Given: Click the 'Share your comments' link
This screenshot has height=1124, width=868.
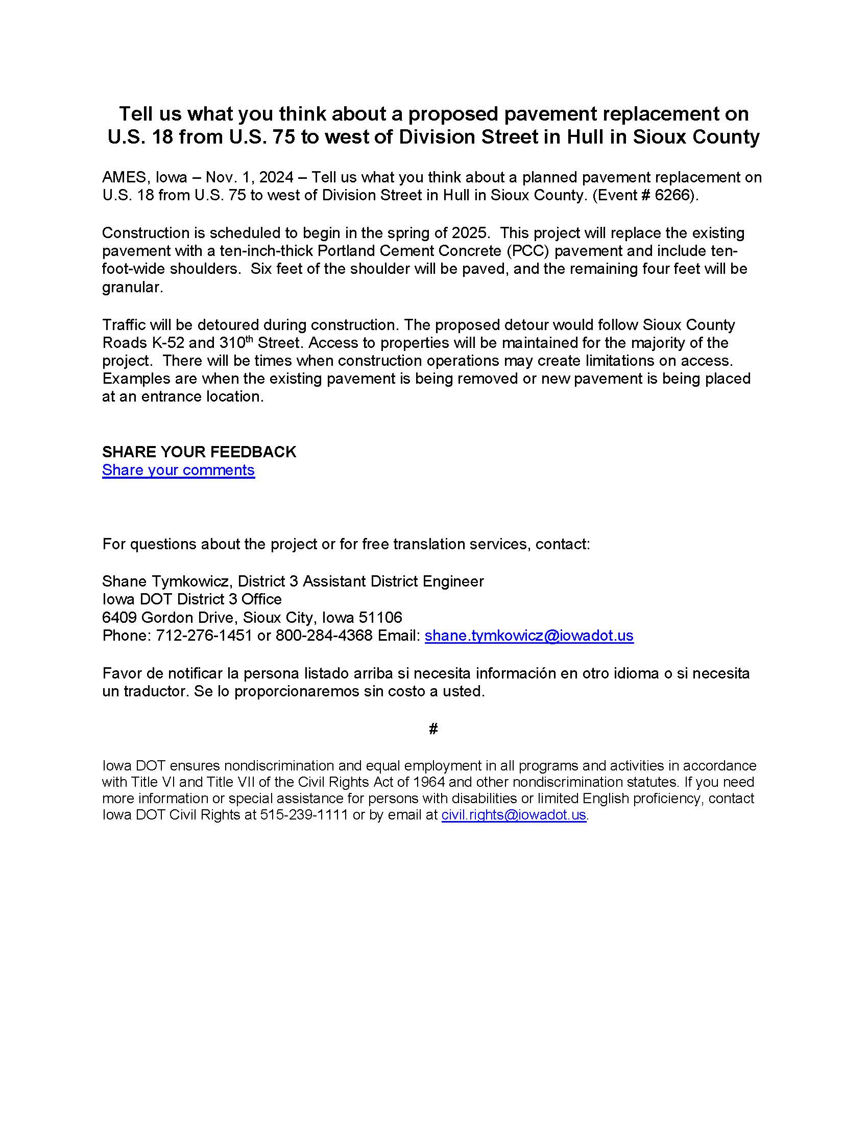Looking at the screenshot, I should click(178, 470).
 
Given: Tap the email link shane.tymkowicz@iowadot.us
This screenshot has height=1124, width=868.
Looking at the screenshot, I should click(529, 636).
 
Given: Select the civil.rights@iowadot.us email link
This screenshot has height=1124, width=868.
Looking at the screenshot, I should click(514, 815).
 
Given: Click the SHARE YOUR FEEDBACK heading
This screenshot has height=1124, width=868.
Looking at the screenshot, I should click(199, 452).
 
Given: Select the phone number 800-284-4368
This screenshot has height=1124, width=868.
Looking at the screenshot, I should click(324, 636).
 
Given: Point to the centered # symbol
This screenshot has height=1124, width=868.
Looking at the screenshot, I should click(433, 728).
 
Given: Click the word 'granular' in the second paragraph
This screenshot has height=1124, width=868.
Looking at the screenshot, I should click(132, 287).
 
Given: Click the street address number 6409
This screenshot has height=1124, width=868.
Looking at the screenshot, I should click(119, 617).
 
